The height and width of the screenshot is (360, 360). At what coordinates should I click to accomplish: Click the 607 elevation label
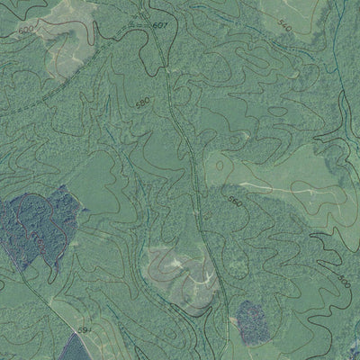(159, 25)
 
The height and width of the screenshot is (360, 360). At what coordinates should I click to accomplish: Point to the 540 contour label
(285, 26)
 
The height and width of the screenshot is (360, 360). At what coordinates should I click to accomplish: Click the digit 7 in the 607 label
(164, 24)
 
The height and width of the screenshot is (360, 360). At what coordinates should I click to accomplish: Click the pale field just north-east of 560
(270, 175)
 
